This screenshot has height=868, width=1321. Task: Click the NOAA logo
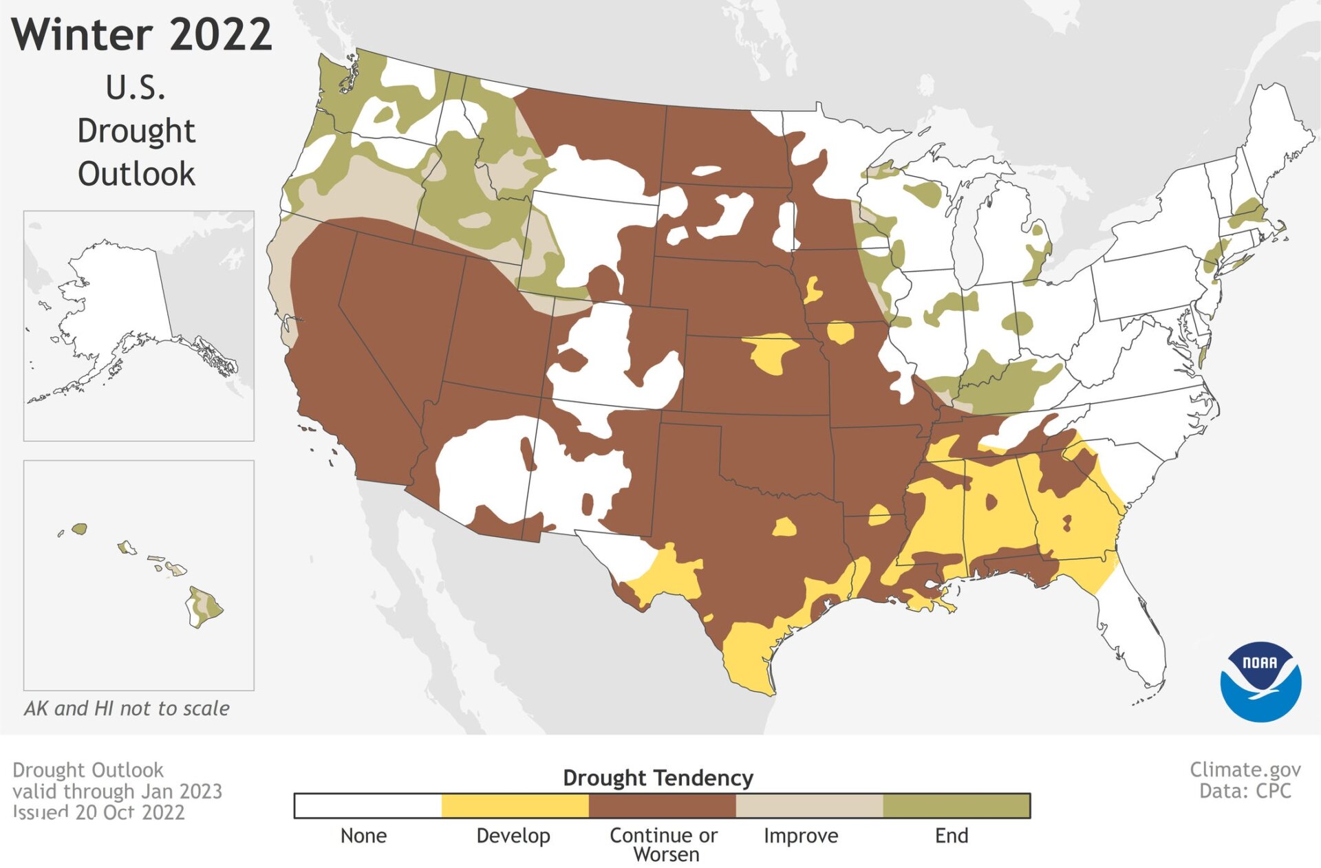pos(1260,681)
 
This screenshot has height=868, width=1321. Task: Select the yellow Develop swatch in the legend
pos(515,805)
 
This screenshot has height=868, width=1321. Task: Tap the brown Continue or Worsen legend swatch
pos(662,805)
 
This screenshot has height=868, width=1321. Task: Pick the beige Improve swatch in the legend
pos(809,805)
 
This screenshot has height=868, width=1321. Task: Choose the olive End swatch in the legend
pos(956,805)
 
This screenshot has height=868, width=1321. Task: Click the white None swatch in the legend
pos(368,805)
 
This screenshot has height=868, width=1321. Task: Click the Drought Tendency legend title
pos(658,777)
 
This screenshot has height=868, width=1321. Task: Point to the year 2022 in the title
pos(220,34)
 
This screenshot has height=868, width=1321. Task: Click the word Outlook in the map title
pos(136,173)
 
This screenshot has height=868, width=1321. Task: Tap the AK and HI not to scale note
pos(127,708)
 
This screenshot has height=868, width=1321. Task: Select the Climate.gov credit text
pos(1245,769)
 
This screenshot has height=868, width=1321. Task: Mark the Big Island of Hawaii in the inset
pos(204,607)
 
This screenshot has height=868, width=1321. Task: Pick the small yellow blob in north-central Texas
pos(784,528)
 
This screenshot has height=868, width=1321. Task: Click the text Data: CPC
pos(1245,791)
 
